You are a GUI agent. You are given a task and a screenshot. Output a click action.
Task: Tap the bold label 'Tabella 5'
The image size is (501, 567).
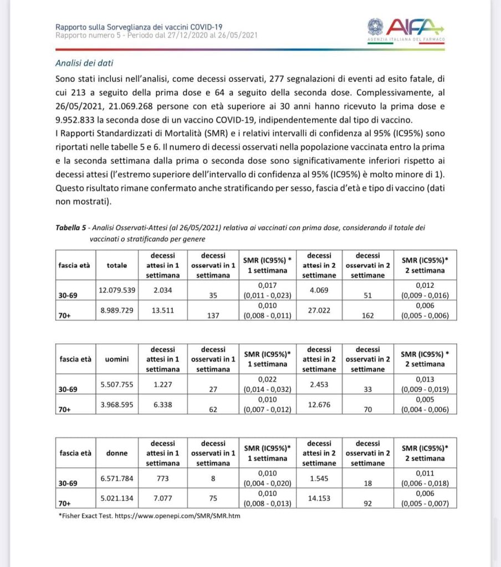pyautogui.click(x=72, y=228)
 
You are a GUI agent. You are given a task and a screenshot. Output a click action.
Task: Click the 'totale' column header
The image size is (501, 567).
pyautogui.click(x=117, y=265)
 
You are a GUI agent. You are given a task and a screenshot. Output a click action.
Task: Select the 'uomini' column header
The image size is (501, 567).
pyautogui.click(x=117, y=359)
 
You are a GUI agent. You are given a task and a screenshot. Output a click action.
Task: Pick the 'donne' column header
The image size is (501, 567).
pyautogui.click(x=117, y=453)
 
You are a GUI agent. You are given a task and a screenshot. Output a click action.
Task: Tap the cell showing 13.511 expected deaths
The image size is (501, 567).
pyautogui.click(x=163, y=310)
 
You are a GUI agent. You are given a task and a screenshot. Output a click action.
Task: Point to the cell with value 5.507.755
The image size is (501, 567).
pyautogui.click(x=117, y=384)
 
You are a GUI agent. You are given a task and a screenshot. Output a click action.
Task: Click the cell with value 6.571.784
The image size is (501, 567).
pyautogui.click(x=117, y=477)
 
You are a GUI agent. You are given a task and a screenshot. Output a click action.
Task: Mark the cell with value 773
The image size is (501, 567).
pyautogui.click(x=163, y=477)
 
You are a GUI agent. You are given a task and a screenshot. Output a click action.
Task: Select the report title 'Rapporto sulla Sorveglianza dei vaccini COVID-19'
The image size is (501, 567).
pyautogui.click(x=139, y=27)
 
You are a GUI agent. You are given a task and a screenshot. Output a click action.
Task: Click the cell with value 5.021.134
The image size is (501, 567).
pyautogui.click(x=117, y=498)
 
